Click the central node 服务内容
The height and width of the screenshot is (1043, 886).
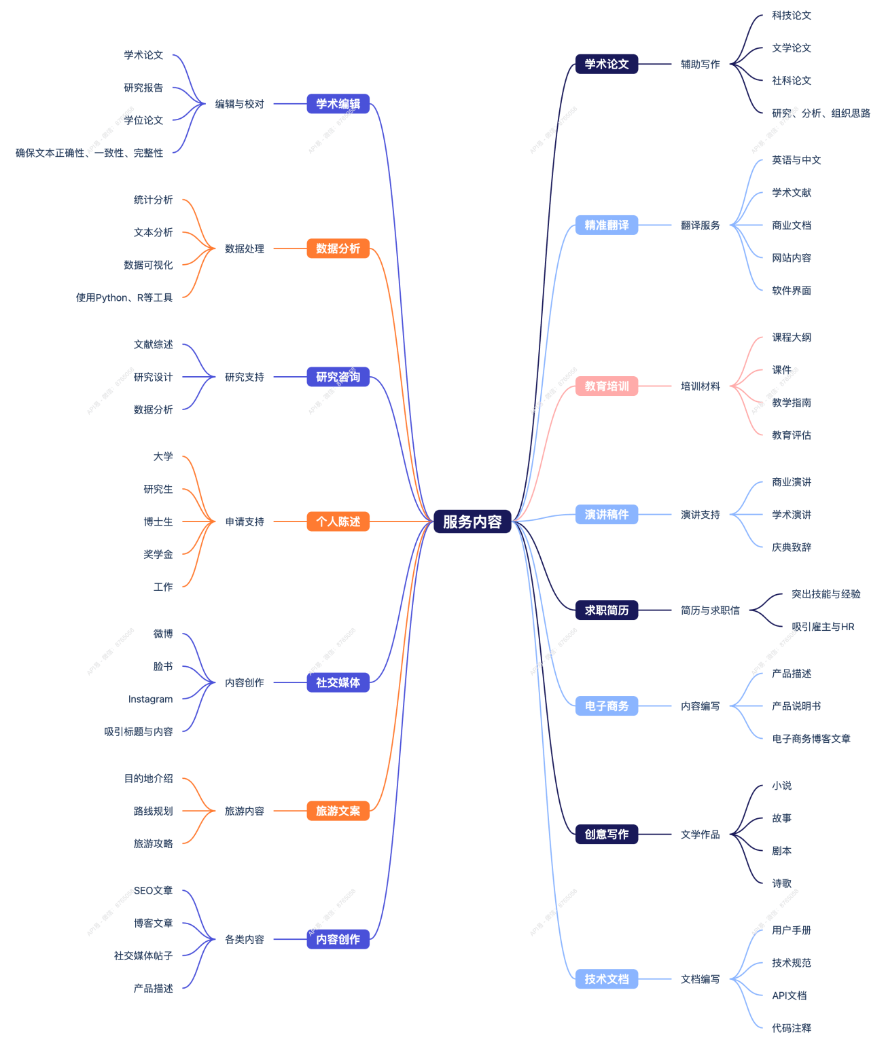pos(472,521)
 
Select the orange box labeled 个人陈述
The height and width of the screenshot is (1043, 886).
pos(338,521)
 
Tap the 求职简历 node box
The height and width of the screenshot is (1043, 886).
pos(607,610)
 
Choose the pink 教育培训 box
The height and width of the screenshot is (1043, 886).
pos(607,386)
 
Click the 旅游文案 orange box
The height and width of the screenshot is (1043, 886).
pos(338,811)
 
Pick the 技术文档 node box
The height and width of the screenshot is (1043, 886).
pos(607,979)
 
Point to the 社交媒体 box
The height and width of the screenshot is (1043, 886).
pos(338,682)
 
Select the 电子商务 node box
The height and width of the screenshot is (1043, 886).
pos(607,706)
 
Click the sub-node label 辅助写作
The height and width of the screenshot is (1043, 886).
pos(700,65)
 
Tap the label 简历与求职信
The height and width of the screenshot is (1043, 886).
pos(710,610)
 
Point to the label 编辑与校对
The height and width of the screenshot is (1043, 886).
pos(239,104)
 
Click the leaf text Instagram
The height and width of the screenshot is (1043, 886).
pos(150,699)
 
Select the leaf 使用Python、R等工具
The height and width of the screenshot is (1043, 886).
pos(124,297)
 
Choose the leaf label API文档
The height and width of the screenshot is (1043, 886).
pos(789,995)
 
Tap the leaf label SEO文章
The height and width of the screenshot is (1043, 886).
pos(153,891)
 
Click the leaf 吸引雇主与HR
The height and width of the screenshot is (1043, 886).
pos(823,627)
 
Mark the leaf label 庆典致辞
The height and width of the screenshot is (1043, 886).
pos(792,547)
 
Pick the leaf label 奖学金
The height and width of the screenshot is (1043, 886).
pos(158,554)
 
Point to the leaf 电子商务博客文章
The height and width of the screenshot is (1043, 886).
pos(811,739)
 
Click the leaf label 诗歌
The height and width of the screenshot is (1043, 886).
pos(781,883)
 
